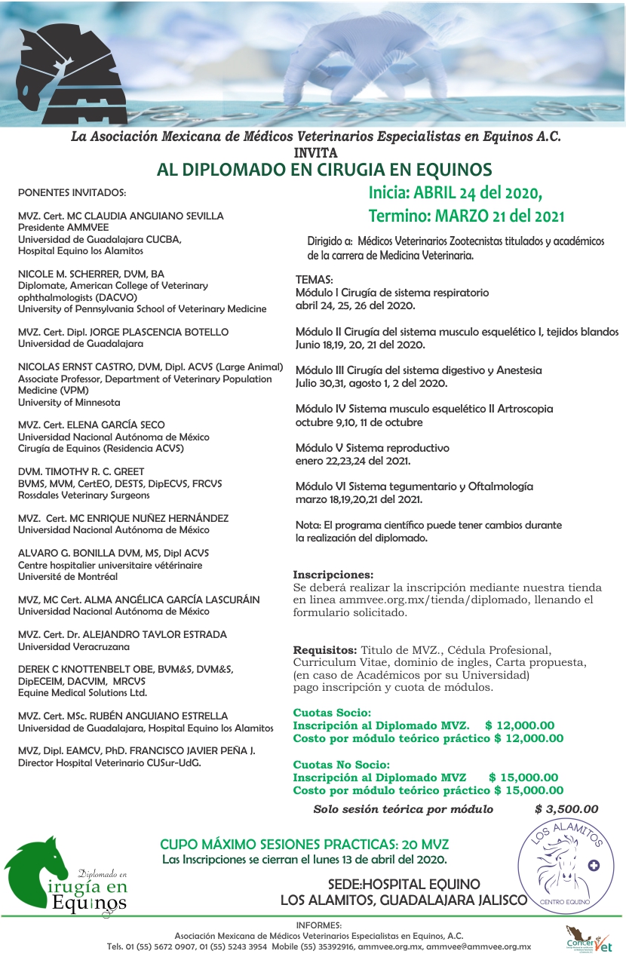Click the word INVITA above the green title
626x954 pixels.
pos(315,152)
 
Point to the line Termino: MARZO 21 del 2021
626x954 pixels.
pos(466,216)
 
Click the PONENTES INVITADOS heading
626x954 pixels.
pos(72,192)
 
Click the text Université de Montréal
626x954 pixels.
pos(68,577)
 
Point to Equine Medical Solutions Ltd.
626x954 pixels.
pos(83,693)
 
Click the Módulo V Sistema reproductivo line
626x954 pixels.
pos(373,448)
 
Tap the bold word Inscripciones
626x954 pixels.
pos(333,574)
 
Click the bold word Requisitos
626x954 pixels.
pos(324,649)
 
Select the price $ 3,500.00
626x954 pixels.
pos(566,809)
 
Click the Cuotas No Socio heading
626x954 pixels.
pos(341,765)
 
